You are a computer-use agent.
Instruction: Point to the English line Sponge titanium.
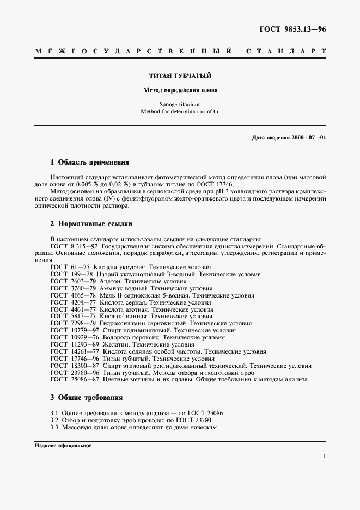pyautogui.click(x=180, y=104)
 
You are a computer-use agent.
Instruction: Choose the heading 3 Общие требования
pyautogui.click(x=86, y=398)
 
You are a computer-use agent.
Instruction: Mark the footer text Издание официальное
pyautogui.click(x=63, y=445)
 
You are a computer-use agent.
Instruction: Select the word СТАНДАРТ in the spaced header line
pyautogui.click(x=286, y=51)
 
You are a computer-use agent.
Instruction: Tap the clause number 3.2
pyautogui.click(x=54, y=420)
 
